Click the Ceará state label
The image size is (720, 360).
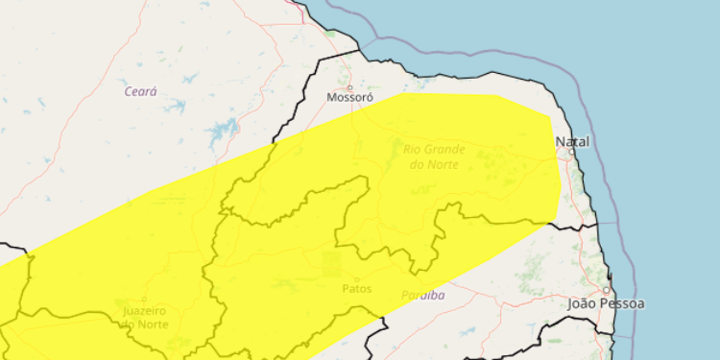pyautogui.click(x=140, y=91)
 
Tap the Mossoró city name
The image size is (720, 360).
pyautogui.click(x=348, y=97)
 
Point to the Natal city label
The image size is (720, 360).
pyautogui.click(x=572, y=142)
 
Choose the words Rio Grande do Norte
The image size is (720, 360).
pyautogui.click(x=434, y=156)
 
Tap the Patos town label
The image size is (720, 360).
pyautogui.click(x=356, y=288)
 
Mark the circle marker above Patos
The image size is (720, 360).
pyautogui.click(x=356, y=278)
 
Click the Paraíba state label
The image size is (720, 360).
pyautogui.click(x=423, y=295)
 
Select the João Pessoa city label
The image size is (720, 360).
pyautogui.click(x=606, y=303)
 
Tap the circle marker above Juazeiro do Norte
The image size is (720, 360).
pyautogui.click(x=145, y=300)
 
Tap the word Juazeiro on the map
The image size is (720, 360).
pyautogui.click(x=145, y=312)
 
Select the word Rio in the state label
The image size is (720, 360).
pyautogui.click(x=413, y=150)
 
